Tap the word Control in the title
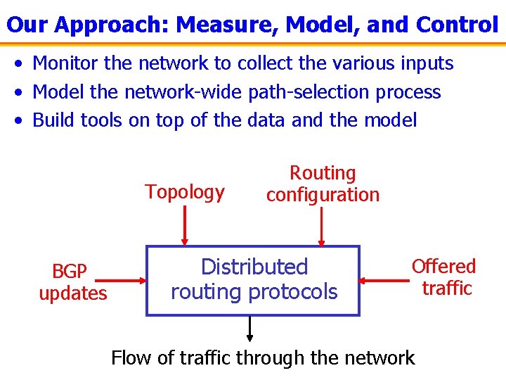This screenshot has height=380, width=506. (x=457, y=25)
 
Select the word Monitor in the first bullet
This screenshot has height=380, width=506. (x=65, y=63)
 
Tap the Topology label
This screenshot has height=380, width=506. (x=185, y=192)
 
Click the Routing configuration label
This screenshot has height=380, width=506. (x=323, y=184)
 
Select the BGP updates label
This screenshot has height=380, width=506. (x=72, y=282)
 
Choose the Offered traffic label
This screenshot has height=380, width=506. (x=444, y=277)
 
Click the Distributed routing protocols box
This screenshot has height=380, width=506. (x=253, y=280)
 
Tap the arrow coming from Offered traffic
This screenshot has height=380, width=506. (x=384, y=280)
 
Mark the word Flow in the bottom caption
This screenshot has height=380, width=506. (x=131, y=358)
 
